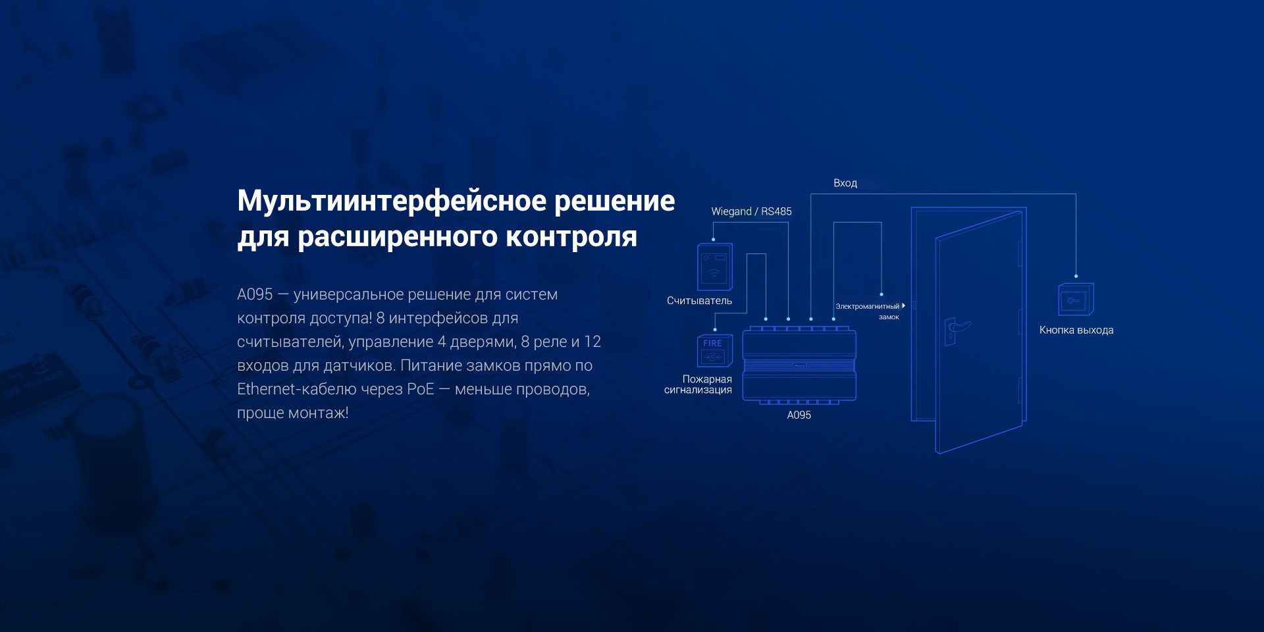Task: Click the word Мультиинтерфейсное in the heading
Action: [392, 201]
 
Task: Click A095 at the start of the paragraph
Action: [255, 294]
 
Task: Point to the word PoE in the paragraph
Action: [420, 389]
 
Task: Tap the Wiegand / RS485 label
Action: [751, 211]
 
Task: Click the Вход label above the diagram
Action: [845, 183]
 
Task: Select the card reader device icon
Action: [715, 267]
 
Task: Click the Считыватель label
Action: [699, 301]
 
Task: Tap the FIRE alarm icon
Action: [714, 351]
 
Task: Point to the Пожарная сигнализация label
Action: [698, 384]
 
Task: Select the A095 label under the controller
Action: [799, 415]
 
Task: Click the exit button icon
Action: [1076, 300]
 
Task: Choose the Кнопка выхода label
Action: [1076, 330]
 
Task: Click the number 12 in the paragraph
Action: [592, 342]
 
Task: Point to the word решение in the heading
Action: [614, 201]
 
